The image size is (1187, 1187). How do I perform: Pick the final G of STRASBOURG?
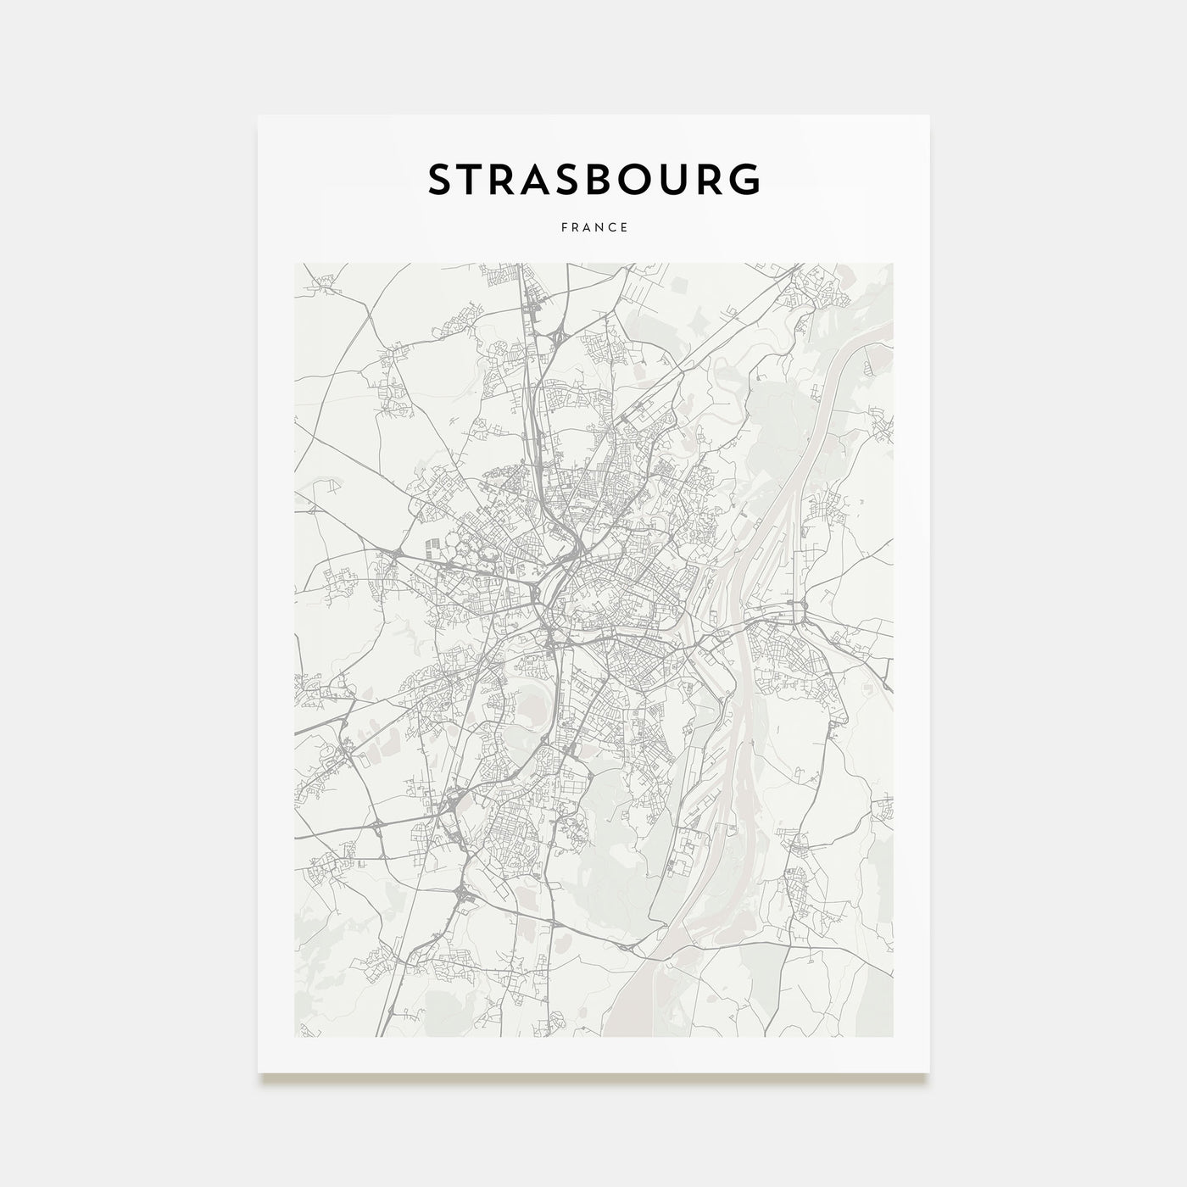tap(744, 180)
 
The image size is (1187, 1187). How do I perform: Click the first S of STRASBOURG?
tap(443, 180)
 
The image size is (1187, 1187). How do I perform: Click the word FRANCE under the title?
tap(594, 227)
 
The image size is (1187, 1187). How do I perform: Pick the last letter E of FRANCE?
tap(624, 227)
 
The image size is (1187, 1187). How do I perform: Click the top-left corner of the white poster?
tap(259, 116)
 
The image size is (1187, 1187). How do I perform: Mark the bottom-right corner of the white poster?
tap(928, 1073)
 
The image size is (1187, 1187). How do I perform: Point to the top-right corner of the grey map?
tap(892, 264)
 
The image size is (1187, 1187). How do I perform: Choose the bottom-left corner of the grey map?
tap(295, 1036)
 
